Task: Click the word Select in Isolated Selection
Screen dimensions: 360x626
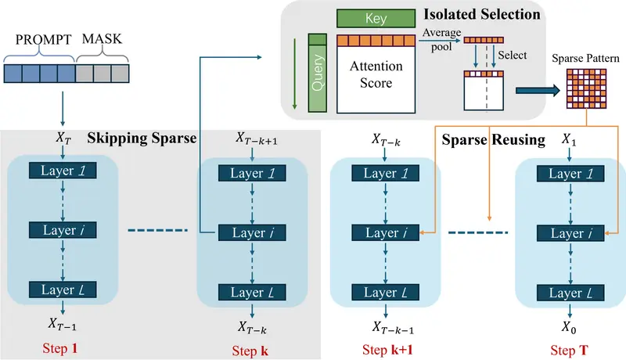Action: pos(511,56)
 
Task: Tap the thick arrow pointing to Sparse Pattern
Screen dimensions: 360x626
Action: pos(536,91)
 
